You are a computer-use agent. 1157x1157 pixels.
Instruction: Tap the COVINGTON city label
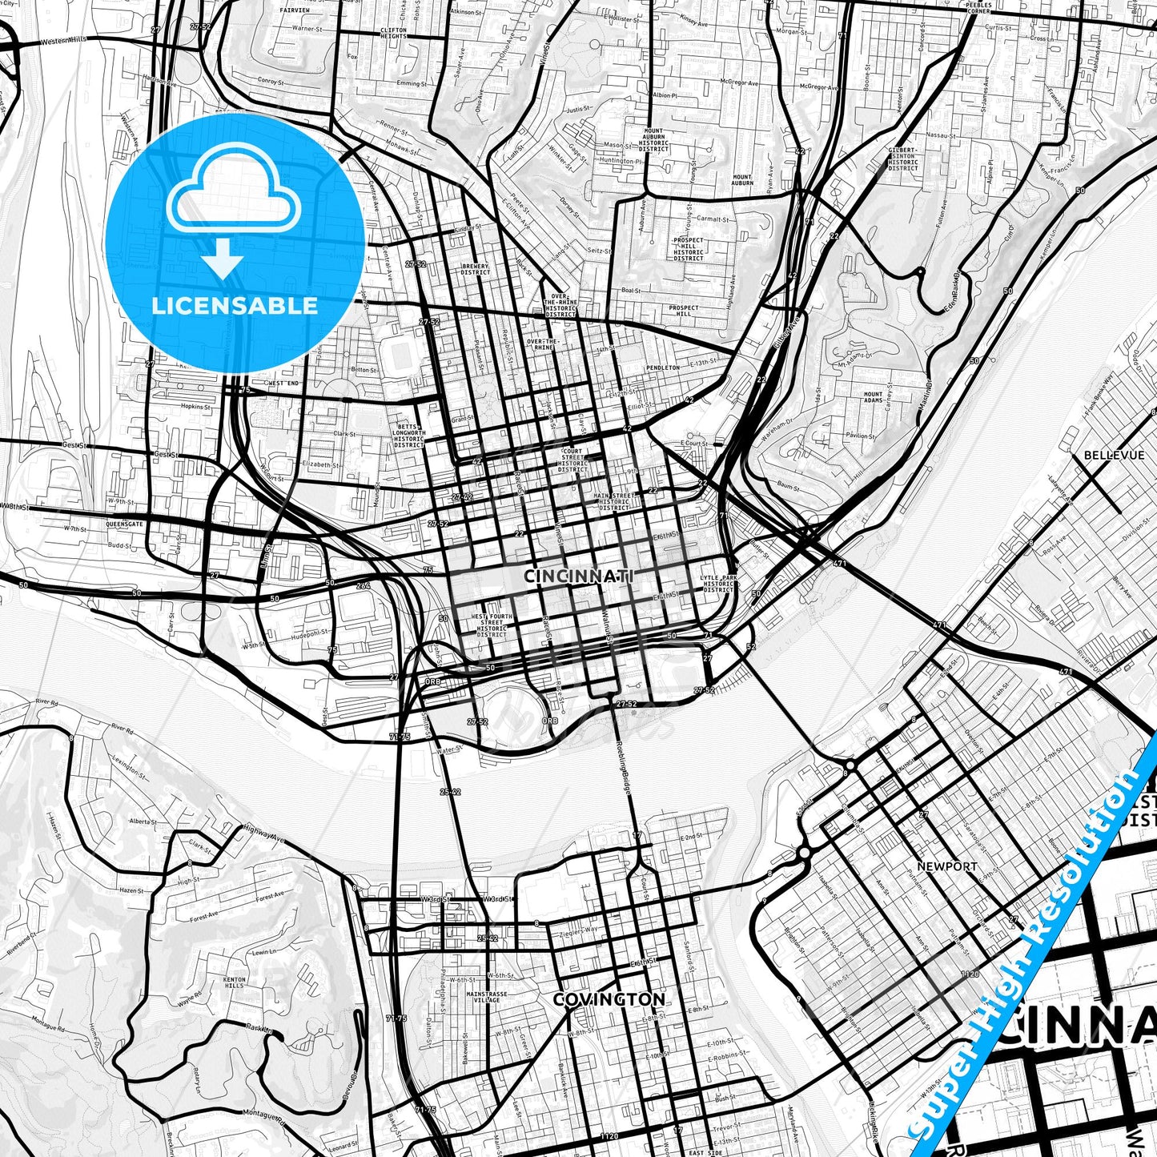(609, 999)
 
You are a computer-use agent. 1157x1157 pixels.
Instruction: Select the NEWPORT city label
(947, 866)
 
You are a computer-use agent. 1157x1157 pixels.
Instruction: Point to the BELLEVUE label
(1114, 455)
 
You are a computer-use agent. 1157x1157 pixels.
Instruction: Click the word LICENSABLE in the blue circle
(235, 306)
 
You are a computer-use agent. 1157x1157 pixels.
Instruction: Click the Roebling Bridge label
(625, 767)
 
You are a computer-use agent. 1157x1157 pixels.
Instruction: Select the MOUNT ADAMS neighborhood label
(873, 397)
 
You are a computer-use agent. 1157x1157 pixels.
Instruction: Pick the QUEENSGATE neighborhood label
(124, 524)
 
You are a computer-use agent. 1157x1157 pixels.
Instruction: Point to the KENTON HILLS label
(235, 982)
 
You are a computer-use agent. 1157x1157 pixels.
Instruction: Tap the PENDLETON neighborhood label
(662, 368)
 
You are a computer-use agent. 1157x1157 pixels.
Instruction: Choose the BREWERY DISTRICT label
(475, 269)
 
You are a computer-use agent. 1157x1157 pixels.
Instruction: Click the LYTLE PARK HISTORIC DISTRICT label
(717, 583)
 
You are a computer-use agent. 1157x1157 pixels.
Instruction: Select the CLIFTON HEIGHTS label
(393, 33)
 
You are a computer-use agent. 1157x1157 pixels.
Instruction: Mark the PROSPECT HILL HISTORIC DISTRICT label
(688, 248)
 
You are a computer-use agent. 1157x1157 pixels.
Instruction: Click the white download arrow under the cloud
(223, 260)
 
